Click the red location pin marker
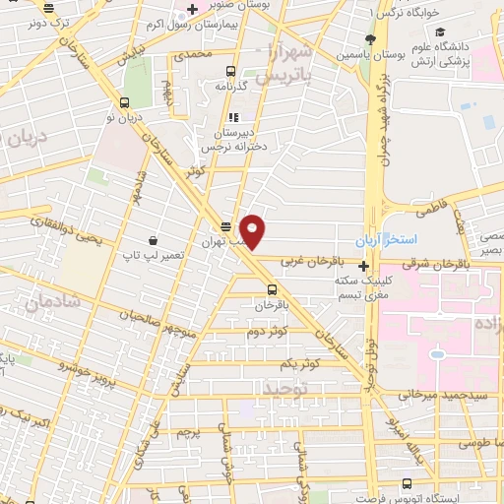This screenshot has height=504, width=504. [253, 231]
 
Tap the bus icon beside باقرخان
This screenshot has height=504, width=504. [272, 289]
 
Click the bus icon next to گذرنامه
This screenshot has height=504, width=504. [230, 71]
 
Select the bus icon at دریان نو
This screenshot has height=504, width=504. [125, 101]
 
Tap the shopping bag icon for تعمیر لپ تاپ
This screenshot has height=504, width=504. [153, 239]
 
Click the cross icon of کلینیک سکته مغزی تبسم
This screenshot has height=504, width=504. [364, 265]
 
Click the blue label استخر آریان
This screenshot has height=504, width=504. [403, 240]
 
